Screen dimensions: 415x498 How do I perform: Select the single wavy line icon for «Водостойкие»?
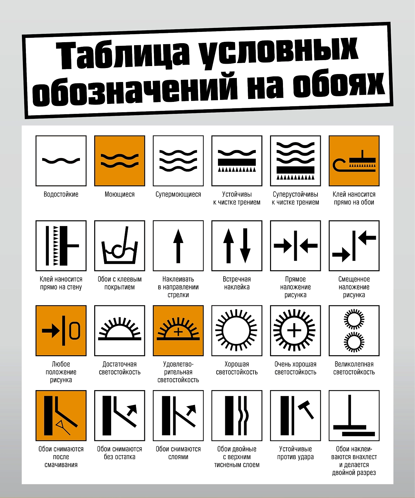61,161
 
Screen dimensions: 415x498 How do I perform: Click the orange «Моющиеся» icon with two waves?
120,161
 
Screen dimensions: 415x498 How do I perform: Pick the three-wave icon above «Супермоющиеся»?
178,161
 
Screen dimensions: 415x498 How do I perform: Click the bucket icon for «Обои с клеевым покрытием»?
120,246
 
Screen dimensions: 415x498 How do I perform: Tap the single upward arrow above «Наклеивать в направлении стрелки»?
178,246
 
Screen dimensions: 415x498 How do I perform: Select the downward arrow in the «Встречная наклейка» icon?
245,246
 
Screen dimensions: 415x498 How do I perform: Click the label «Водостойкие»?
61,194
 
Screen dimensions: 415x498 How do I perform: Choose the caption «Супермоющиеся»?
178,194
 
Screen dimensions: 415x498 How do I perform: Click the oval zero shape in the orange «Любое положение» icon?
75,331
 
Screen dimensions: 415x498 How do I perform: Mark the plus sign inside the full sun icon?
294,331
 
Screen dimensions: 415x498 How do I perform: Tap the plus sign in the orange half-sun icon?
178,332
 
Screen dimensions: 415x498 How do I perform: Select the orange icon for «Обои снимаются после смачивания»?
61,415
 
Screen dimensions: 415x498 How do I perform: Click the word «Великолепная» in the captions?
354,364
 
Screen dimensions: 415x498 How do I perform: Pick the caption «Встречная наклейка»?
237,283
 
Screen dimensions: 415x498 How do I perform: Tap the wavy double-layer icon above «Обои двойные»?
237,415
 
